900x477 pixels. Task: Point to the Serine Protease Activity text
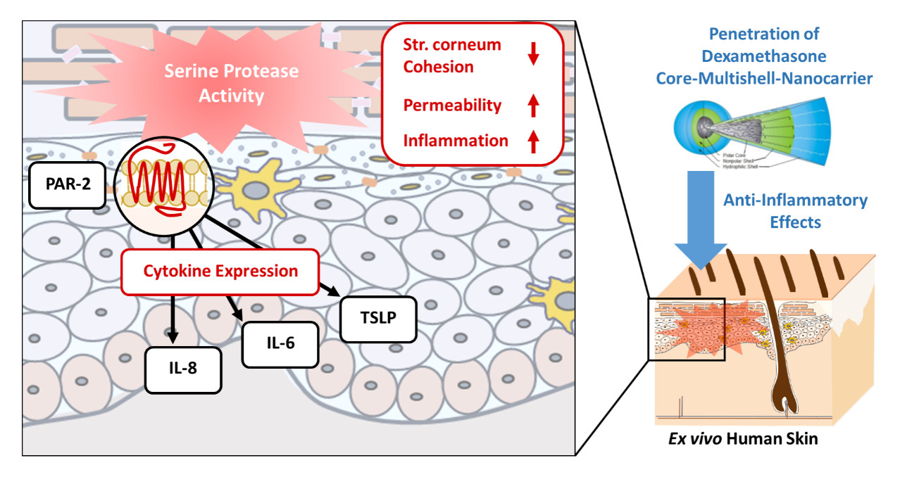tap(232, 83)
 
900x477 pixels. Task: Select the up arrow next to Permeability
tap(533, 106)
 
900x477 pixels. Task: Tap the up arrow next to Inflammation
tap(533, 141)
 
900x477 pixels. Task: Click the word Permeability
tap(452, 106)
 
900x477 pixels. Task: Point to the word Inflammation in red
tap(455, 141)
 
